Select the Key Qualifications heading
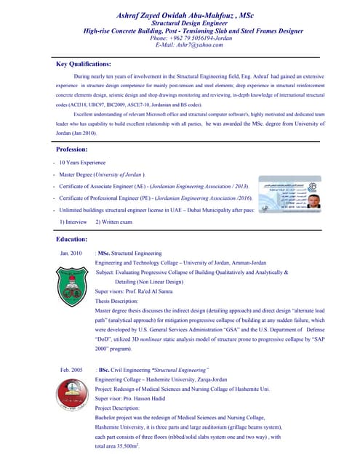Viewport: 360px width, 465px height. click(84, 64)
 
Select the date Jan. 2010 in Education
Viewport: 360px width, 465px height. click(71, 253)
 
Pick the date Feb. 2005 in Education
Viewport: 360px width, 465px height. click(71, 371)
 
